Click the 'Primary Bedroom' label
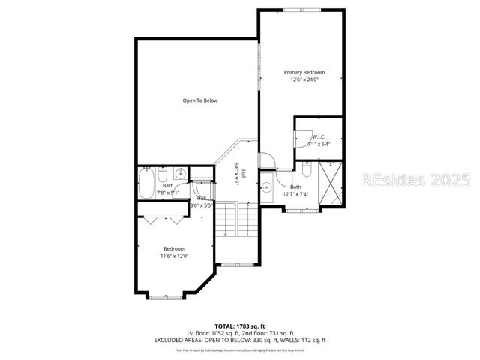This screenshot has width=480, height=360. click(304, 73)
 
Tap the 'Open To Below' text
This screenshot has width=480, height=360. click(200, 100)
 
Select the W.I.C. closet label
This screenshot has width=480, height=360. click(319, 137)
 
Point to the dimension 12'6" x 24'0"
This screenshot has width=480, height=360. click(304, 80)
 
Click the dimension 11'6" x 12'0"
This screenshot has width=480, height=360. click(174, 256)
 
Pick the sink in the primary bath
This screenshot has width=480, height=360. click(265, 187)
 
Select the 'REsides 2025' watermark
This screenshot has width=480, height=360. click(416, 181)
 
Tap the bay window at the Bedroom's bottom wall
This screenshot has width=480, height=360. click(164, 297)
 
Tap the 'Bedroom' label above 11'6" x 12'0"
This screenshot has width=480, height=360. click(174, 248)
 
